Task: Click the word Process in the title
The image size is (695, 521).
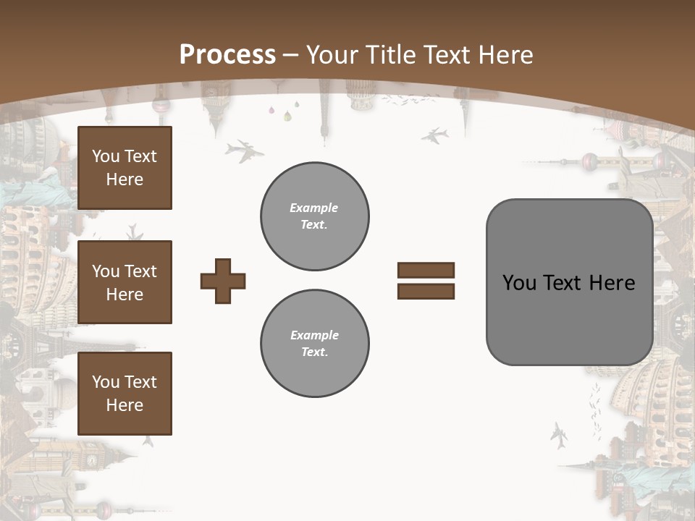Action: click(x=227, y=55)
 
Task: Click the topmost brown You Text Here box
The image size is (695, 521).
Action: click(x=125, y=168)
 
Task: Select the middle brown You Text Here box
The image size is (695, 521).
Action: click(x=125, y=282)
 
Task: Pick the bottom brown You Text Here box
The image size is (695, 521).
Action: click(x=125, y=394)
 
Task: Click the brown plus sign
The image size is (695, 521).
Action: click(x=223, y=281)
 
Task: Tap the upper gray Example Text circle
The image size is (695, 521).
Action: click(x=315, y=216)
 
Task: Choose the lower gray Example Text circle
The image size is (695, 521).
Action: click(x=315, y=344)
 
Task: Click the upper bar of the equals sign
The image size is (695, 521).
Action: click(x=426, y=270)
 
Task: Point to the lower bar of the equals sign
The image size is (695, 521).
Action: click(x=426, y=291)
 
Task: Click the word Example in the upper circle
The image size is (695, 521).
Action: click(x=314, y=208)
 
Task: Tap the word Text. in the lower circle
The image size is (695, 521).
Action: click(x=314, y=352)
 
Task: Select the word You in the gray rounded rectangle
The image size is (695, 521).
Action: click(x=518, y=283)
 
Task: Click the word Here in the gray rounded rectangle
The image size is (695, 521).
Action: click(x=612, y=283)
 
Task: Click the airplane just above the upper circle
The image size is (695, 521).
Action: click(x=244, y=151)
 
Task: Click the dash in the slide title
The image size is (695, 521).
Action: click(x=291, y=56)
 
